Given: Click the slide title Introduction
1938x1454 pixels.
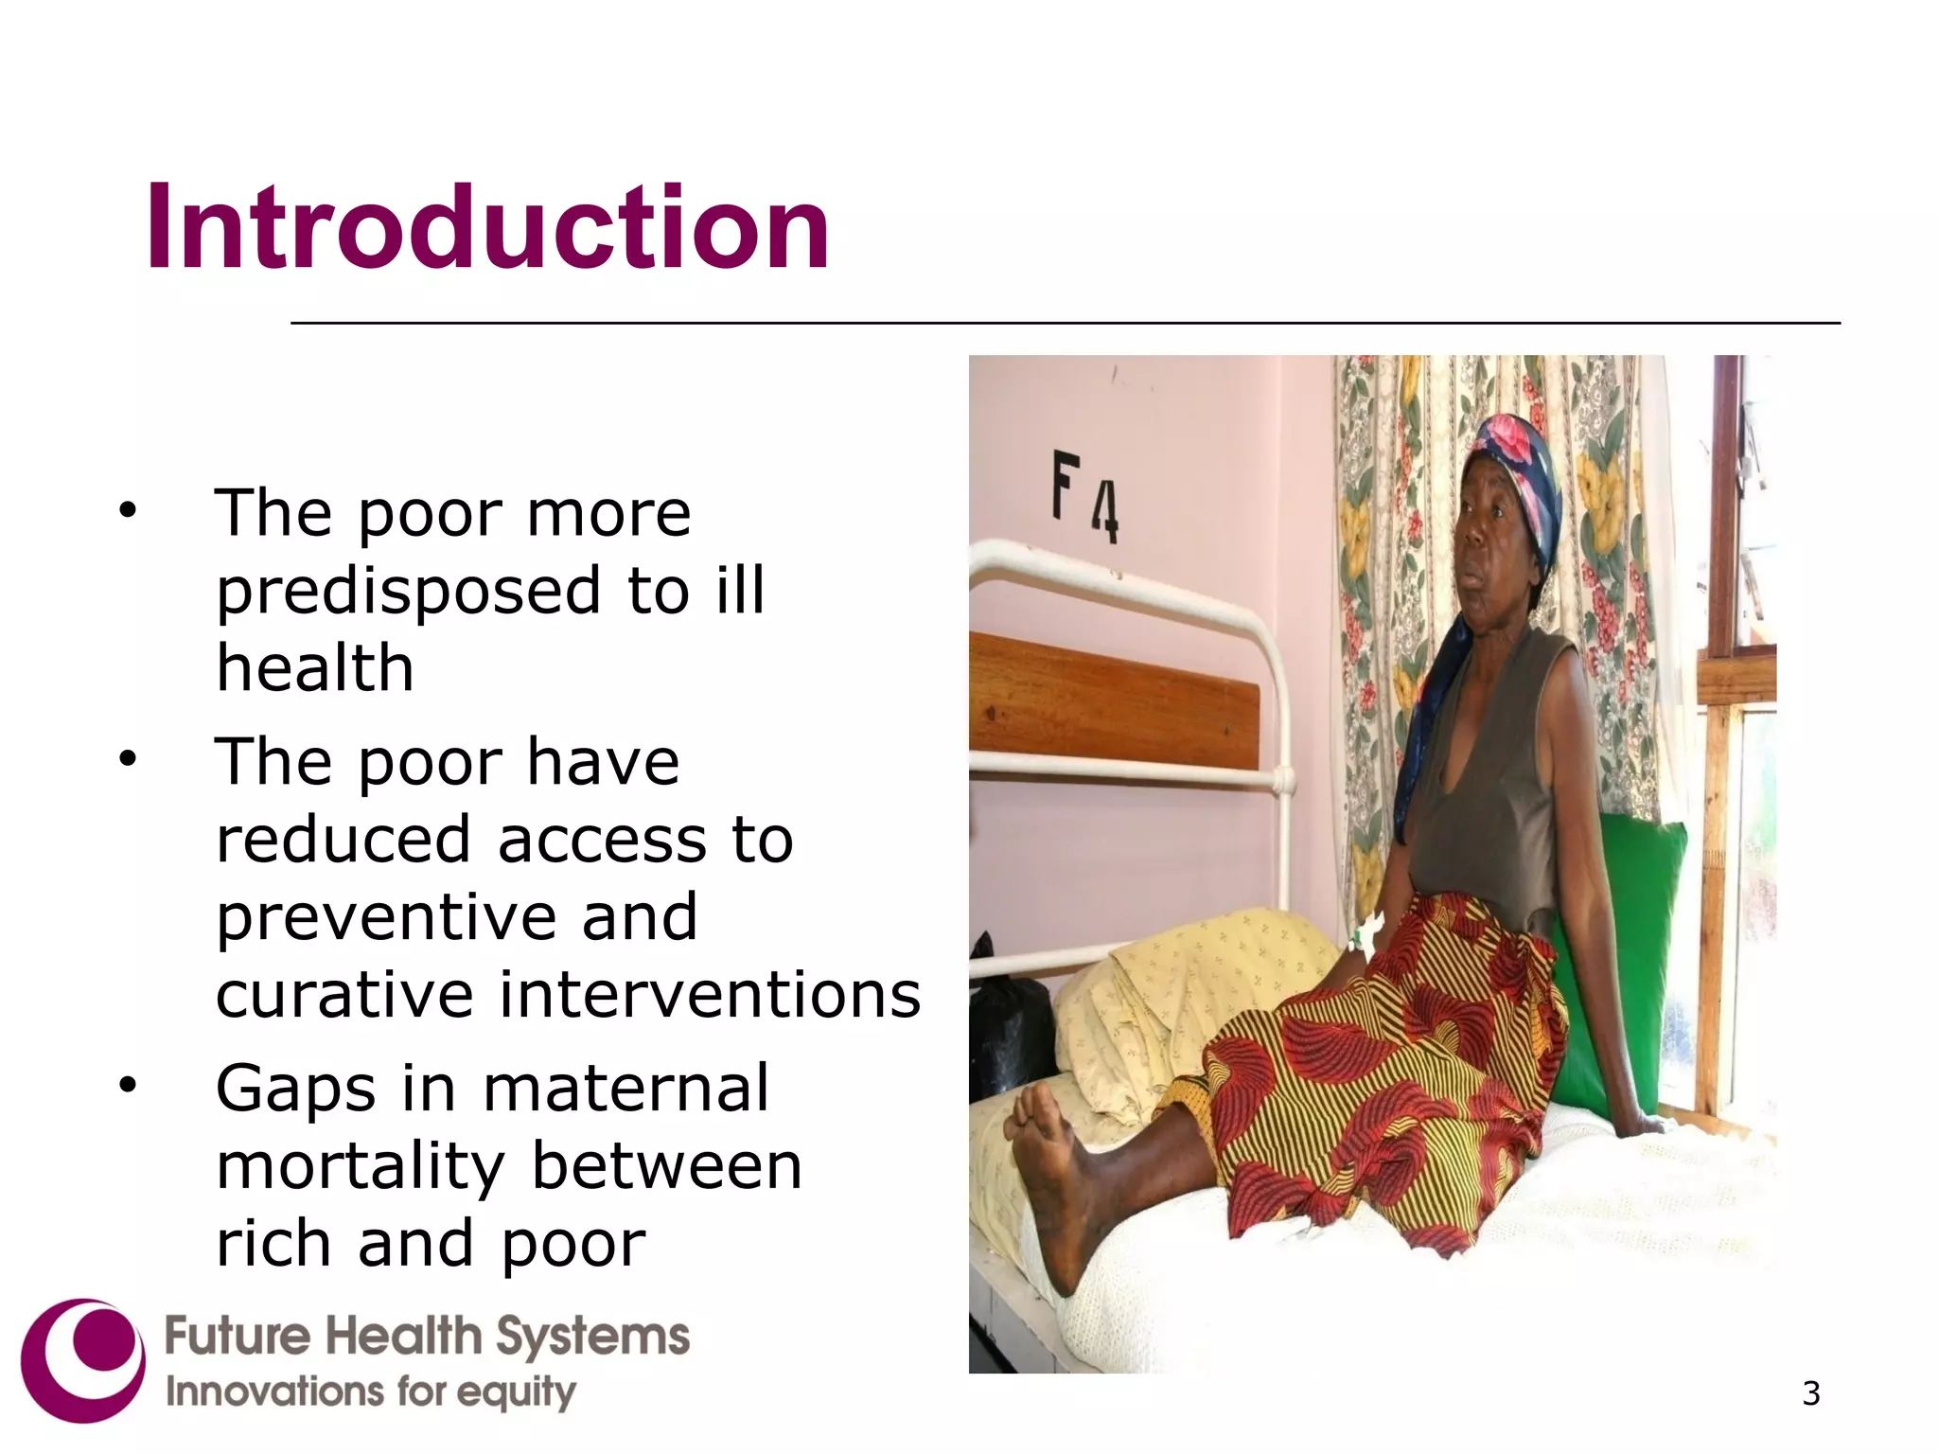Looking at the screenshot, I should [x=486, y=227].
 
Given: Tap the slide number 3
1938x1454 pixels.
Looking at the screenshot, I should [x=1810, y=1393].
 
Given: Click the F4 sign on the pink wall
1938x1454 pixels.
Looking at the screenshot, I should [x=1085, y=496].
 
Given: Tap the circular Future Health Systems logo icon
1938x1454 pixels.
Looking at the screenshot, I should [x=83, y=1359].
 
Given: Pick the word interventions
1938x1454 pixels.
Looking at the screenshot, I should [x=710, y=995].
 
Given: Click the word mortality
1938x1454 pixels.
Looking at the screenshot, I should [x=361, y=1166].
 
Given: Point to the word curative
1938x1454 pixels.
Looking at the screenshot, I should [x=344, y=995].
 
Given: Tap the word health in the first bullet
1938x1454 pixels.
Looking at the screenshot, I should [x=315, y=668].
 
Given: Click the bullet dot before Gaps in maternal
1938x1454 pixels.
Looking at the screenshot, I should [x=128, y=1086].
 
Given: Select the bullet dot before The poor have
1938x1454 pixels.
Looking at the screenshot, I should [x=128, y=759].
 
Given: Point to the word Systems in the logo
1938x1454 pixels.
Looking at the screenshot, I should [x=592, y=1337].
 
